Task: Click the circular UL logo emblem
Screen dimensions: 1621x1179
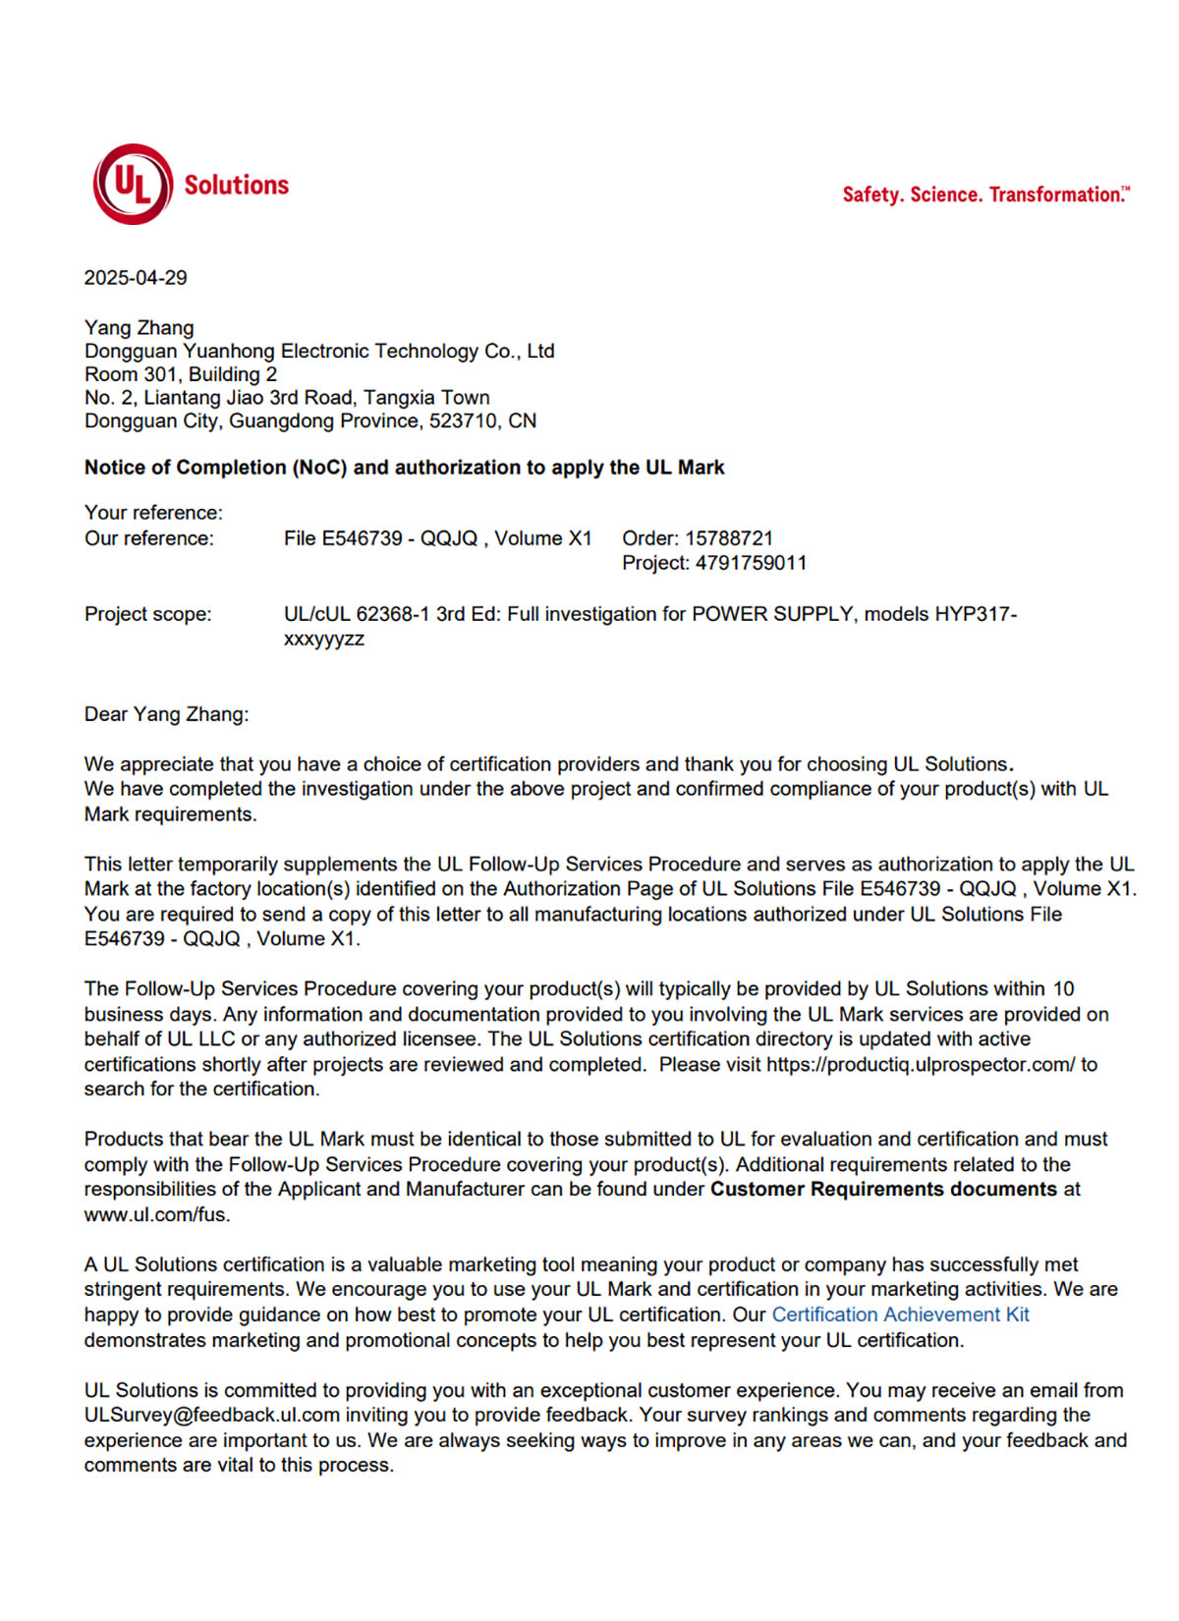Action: (133, 184)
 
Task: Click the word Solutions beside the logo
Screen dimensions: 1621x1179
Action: (237, 185)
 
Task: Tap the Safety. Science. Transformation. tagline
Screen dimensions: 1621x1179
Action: (985, 195)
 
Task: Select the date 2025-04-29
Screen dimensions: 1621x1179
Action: (136, 278)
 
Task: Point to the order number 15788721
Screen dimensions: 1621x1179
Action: (729, 538)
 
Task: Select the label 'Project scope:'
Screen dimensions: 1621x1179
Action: (147, 614)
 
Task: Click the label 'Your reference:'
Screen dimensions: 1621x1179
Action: (153, 513)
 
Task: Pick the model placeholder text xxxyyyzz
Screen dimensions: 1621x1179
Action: (324, 639)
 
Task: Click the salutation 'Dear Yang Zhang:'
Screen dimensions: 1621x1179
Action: (166, 714)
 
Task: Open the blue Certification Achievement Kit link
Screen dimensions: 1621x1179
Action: (900, 1314)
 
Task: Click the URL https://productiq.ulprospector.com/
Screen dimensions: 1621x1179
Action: (921, 1064)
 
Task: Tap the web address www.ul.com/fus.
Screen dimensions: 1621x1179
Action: (156, 1214)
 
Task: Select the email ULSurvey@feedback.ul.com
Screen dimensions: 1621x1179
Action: (212, 1415)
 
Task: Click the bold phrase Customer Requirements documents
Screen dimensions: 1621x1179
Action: (883, 1189)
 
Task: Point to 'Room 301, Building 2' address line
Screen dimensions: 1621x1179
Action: (181, 374)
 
